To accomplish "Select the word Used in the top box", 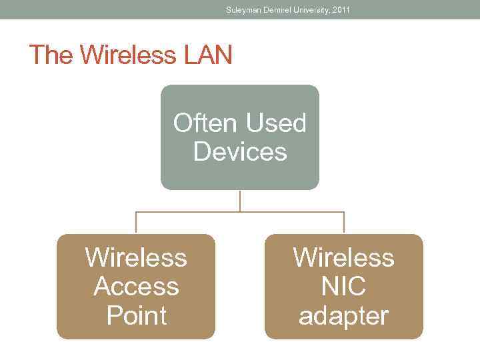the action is [x=276, y=123].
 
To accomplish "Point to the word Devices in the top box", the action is [x=240, y=152].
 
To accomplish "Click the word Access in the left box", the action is [x=136, y=287].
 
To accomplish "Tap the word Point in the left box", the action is [x=136, y=315].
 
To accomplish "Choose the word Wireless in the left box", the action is [x=136, y=257].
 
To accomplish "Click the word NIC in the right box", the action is [x=344, y=287].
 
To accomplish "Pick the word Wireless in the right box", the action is [x=344, y=257].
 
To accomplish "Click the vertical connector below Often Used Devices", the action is [x=240, y=201].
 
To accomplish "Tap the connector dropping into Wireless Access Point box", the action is [x=136, y=223].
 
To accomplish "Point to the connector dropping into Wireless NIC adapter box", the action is [x=344, y=223].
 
